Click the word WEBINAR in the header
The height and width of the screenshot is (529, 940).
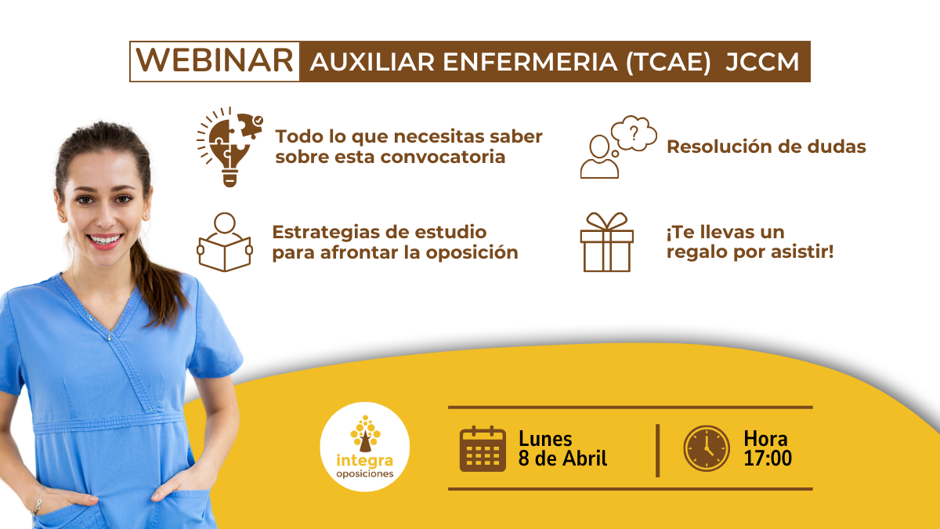215,62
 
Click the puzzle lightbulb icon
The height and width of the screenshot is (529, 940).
228,146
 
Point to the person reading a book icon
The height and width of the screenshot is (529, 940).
224,242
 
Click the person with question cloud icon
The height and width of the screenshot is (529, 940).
616,147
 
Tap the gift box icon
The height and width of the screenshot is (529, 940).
606,242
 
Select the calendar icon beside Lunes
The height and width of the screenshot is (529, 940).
483,448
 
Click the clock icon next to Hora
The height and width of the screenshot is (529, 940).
707,448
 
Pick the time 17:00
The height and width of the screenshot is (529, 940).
768,458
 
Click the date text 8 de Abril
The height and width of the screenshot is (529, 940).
562,458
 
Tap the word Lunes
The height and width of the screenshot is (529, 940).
545,439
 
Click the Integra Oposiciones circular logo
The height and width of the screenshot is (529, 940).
365,447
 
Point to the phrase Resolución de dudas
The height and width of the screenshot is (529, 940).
766,147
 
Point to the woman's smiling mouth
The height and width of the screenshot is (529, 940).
105,238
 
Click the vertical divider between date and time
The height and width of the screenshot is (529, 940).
657,450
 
